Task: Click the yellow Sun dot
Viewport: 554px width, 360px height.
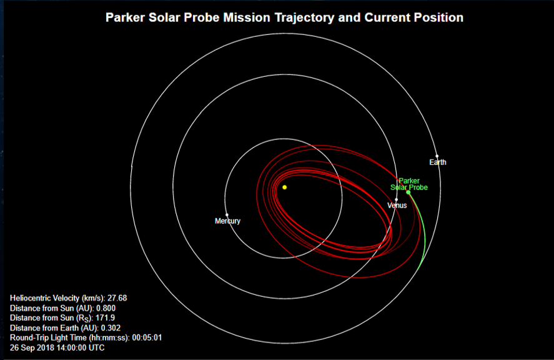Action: tap(284, 187)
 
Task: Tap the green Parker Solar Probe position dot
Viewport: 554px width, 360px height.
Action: tap(408, 192)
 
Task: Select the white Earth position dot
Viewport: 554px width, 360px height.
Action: tap(437, 156)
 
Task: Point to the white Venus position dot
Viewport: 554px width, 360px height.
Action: tap(396, 200)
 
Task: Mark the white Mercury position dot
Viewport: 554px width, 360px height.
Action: tap(227, 214)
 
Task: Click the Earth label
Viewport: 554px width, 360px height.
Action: tap(438, 162)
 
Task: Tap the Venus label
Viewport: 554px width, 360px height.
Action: tap(397, 206)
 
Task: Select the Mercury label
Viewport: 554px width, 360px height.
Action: tap(227, 221)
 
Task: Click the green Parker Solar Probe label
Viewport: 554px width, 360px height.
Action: tap(409, 184)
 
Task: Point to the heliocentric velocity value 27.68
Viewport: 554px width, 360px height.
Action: tap(117, 298)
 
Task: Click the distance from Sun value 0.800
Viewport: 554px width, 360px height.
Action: tap(106, 308)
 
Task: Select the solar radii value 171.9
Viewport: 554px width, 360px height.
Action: tap(106, 318)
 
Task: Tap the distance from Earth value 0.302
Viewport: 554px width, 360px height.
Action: tap(111, 328)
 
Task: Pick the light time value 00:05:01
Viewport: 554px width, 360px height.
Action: tap(147, 337)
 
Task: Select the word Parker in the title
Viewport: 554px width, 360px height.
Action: tap(126, 17)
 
